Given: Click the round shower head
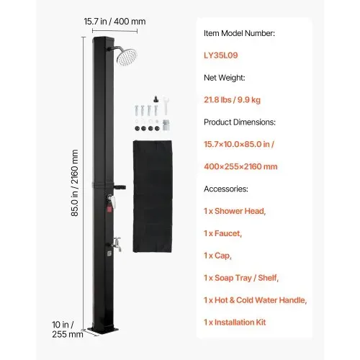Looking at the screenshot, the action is [x=127, y=57].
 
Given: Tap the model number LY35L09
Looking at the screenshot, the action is [x=221, y=55].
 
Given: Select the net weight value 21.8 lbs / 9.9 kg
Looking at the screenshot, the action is [x=232, y=100].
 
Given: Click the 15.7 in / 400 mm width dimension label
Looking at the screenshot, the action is [x=114, y=22].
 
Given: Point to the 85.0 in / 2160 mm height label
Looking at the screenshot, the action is [x=75, y=183].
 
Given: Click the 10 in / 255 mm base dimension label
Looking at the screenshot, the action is [x=68, y=329].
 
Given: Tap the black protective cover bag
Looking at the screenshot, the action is [x=153, y=197].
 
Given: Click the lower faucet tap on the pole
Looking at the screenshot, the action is [x=117, y=244].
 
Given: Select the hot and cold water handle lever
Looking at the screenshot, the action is [x=112, y=201].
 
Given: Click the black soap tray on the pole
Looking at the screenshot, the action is [x=120, y=186].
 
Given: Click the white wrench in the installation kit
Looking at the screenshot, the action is [x=166, y=105].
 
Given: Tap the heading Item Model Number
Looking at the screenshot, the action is [x=239, y=33].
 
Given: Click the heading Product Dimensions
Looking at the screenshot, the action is [x=240, y=122].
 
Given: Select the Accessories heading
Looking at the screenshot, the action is [x=226, y=189].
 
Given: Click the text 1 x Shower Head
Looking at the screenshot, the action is [x=235, y=211].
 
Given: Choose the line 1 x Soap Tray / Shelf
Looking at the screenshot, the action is [x=241, y=278].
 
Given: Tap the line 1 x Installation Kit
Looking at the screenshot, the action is [x=235, y=323].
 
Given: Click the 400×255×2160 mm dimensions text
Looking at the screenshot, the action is [x=240, y=166].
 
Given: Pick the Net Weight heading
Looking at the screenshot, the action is [x=225, y=78].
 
